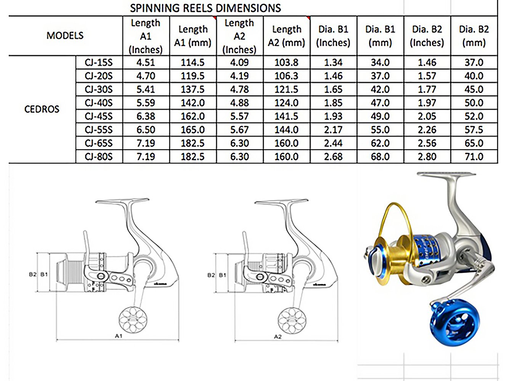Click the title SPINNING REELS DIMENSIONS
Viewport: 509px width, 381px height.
(x=206, y=8)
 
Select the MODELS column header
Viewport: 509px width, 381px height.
(x=65, y=36)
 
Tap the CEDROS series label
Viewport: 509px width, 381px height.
(x=42, y=109)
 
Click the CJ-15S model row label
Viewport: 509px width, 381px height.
(x=99, y=62)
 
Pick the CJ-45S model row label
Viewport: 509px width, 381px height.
(x=99, y=116)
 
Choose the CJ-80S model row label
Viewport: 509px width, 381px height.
(x=99, y=157)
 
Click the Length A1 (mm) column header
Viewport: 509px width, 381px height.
(x=193, y=36)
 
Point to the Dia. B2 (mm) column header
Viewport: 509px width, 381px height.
(x=474, y=36)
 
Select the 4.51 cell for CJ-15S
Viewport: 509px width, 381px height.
(x=146, y=62)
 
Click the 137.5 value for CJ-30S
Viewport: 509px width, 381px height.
(x=193, y=89)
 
